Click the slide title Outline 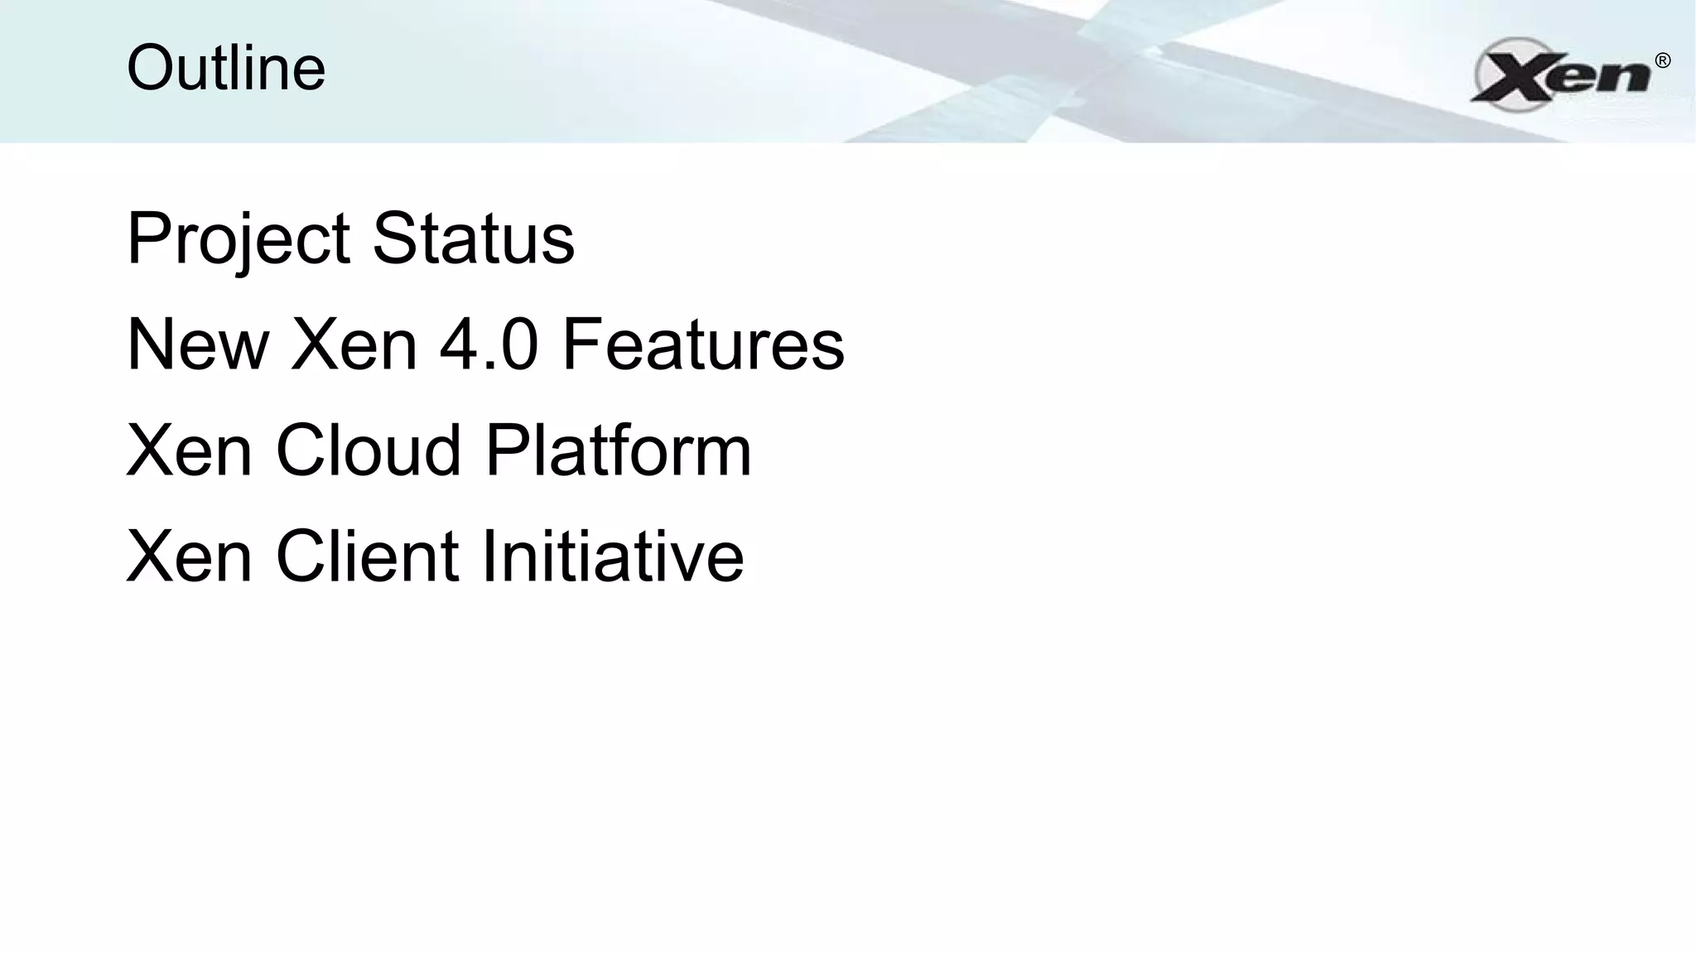[x=226, y=68]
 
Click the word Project [x=238, y=240]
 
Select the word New [x=198, y=344]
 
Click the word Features [x=703, y=344]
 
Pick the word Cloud [x=368, y=450]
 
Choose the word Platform [x=618, y=450]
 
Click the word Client [x=367, y=556]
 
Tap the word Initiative [x=612, y=556]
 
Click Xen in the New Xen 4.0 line [x=354, y=344]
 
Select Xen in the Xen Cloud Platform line [x=190, y=450]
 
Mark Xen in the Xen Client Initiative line [x=190, y=556]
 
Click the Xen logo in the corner [x=1561, y=75]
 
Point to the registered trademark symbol [x=1662, y=60]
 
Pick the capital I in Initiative [x=488, y=556]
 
